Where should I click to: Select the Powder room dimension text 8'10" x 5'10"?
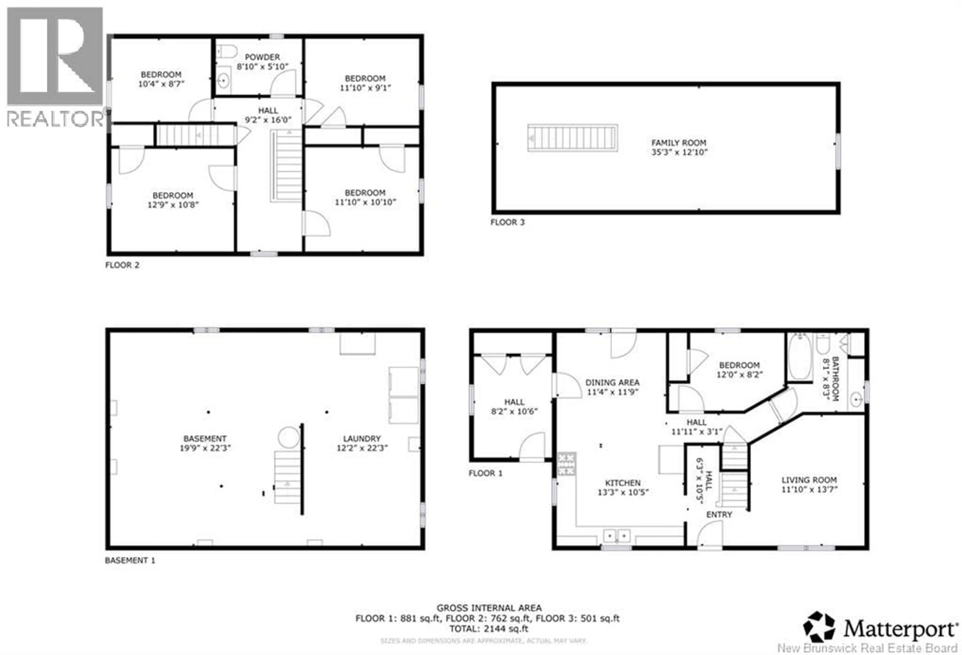tap(263, 67)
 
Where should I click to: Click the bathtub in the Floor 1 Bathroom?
tap(799, 357)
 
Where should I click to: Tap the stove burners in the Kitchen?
tap(566, 464)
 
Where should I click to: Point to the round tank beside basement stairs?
tap(289, 437)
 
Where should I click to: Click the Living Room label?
tap(809, 480)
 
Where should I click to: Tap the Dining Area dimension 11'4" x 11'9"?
tap(612, 392)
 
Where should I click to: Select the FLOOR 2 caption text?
tap(122, 265)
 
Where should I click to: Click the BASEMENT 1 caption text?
tap(130, 560)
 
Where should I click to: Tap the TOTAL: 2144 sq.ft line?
tap(489, 629)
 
